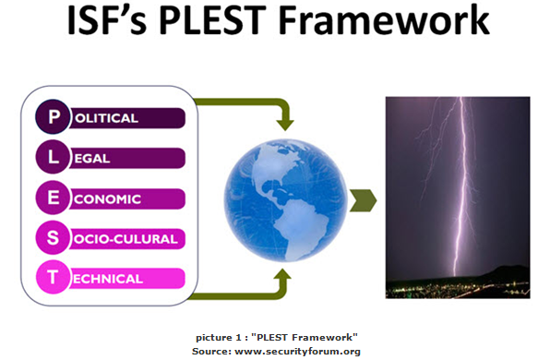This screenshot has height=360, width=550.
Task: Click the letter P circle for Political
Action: click(x=53, y=116)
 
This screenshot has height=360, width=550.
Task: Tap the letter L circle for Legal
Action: click(x=53, y=157)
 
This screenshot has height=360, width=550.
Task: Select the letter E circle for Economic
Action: click(x=53, y=198)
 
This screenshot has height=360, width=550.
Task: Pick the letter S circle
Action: click(x=53, y=237)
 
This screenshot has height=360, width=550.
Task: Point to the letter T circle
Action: click(x=53, y=277)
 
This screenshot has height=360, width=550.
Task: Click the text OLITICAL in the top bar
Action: click(x=106, y=118)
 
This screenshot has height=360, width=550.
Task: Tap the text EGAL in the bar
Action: click(x=92, y=159)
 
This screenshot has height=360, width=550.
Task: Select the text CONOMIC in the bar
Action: click(x=107, y=199)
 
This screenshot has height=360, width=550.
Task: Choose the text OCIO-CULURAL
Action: click(x=126, y=239)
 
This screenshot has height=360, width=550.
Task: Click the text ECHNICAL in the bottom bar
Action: click(x=108, y=279)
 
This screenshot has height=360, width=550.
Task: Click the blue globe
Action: click(x=285, y=200)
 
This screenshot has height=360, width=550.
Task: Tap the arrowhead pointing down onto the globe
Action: click(x=285, y=125)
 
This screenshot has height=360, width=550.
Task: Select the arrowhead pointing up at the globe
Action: click(x=282, y=275)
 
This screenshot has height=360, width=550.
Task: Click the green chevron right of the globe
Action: click(x=363, y=200)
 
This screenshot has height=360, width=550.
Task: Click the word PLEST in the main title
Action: click(x=212, y=20)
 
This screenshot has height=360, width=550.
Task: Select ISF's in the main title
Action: click(x=107, y=20)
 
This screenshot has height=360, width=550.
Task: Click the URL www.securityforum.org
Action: click(x=297, y=351)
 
